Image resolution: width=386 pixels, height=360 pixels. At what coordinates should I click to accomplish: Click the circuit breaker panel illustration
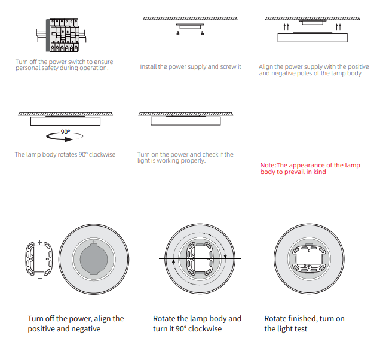[x=61, y=35]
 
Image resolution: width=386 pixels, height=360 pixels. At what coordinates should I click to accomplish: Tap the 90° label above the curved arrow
[x=66, y=132]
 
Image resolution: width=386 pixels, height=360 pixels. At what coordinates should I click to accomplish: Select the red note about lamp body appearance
[x=310, y=169]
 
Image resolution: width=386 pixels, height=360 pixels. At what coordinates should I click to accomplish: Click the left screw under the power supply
[x=178, y=33]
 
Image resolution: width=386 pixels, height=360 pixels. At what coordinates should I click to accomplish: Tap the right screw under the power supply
[x=203, y=33]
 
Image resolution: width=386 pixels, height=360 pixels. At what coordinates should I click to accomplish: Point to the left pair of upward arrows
[x=286, y=27]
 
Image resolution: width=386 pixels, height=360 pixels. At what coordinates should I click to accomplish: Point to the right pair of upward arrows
[x=338, y=27]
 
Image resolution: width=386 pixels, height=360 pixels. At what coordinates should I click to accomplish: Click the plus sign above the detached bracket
[x=39, y=242]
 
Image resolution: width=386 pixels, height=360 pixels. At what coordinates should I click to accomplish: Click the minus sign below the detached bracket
[x=39, y=279]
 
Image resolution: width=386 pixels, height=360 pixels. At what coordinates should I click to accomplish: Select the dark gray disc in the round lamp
[x=94, y=259]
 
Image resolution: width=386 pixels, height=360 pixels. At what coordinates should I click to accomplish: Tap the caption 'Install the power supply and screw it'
[x=191, y=67]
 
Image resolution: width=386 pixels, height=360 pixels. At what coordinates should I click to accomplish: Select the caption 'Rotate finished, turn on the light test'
[x=304, y=324]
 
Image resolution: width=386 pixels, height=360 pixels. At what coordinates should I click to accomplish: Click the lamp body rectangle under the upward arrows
[x=313, y=38]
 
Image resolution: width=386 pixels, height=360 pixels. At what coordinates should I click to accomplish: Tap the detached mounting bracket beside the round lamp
[x=39, y=259]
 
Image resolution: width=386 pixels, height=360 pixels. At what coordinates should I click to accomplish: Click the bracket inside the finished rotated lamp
[x=309, y=259]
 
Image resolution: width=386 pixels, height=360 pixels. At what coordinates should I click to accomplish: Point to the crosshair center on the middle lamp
[x=200, y=258]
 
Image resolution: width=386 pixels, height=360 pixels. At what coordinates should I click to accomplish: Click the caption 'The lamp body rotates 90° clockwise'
[x=65, y=154]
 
